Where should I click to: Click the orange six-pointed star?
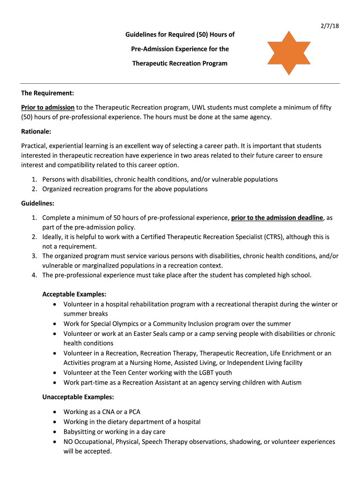(288, 53)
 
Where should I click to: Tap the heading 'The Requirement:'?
(48, 93)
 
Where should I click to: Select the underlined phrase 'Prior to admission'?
(48, 107)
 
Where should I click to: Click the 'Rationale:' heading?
(36, 131)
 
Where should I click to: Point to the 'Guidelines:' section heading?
(37, 203)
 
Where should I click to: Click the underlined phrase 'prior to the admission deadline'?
(277, 218)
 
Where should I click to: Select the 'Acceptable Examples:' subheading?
(74, 294)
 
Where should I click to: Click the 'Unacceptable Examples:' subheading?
(78, 397)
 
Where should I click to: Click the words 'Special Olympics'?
(112, 324)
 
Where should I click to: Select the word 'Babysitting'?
(79, 431)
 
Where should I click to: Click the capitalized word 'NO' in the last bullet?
(68, 441)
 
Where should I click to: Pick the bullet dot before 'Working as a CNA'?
(55, 412)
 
